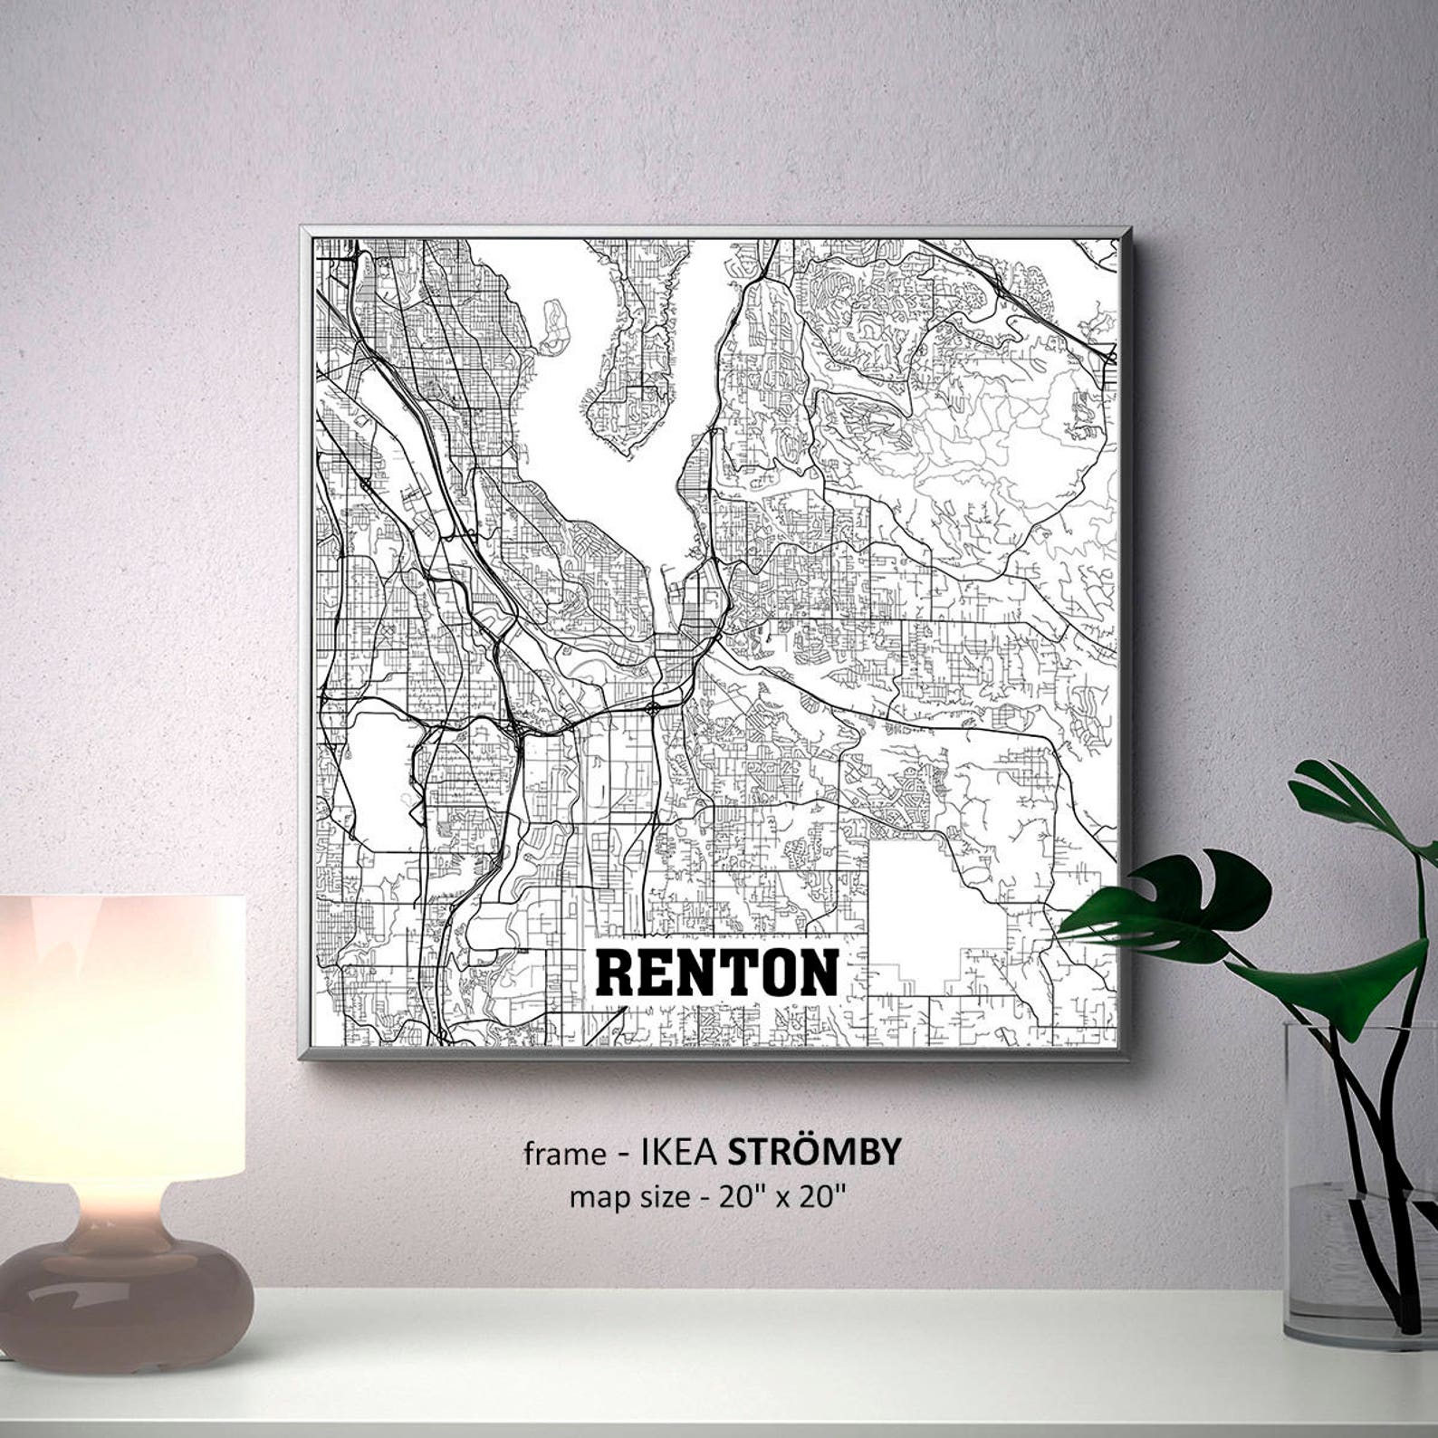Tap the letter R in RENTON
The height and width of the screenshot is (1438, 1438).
point(614,973)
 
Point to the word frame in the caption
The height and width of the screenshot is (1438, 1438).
point(564,1154)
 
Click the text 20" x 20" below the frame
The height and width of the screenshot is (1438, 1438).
point(782,1197)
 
